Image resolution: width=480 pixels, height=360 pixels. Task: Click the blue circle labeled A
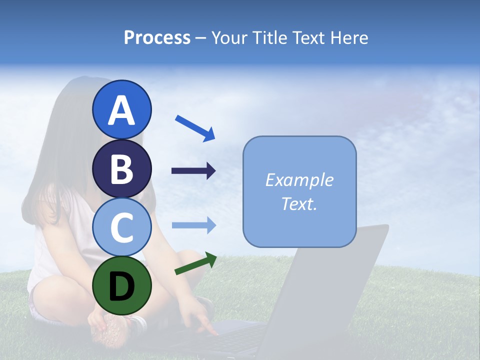pyautogui.click(x=122, y=109)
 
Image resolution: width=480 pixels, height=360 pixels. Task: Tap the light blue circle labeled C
pyautogui.click(x=122, y=226)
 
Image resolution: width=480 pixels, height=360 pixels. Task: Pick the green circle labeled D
pyautogui.click(x=122, y=285)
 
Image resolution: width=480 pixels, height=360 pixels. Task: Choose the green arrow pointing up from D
pyautogui.click(x=195, y=263)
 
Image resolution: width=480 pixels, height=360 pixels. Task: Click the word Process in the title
pyautogui.click(x=157, y=37)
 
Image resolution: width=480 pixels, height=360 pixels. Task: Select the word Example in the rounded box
pyautogui.click(x=299, y=180)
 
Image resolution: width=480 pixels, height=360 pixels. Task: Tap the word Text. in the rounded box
pyautogui.click(x=299, y=204)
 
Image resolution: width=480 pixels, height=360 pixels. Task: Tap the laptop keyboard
pyautogui.click(x=240, y=340)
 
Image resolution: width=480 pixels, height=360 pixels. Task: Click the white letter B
pyautogui.click(x=122, y=168)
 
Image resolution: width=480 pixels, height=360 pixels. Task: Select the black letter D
pyautogui.click(x=122, y=286)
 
